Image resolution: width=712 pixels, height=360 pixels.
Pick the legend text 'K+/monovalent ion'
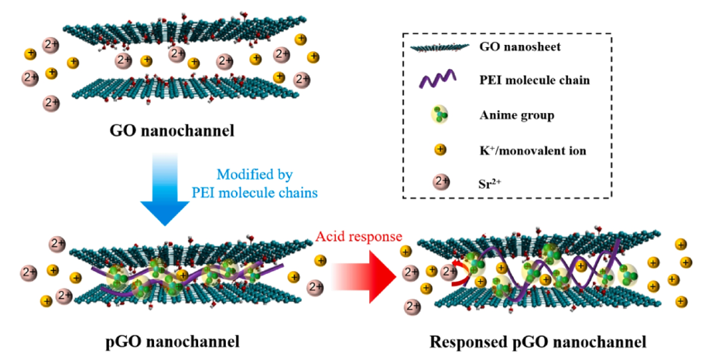[x=534, y=149]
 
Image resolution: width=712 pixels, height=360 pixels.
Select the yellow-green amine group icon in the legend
[x=435, y=116]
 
